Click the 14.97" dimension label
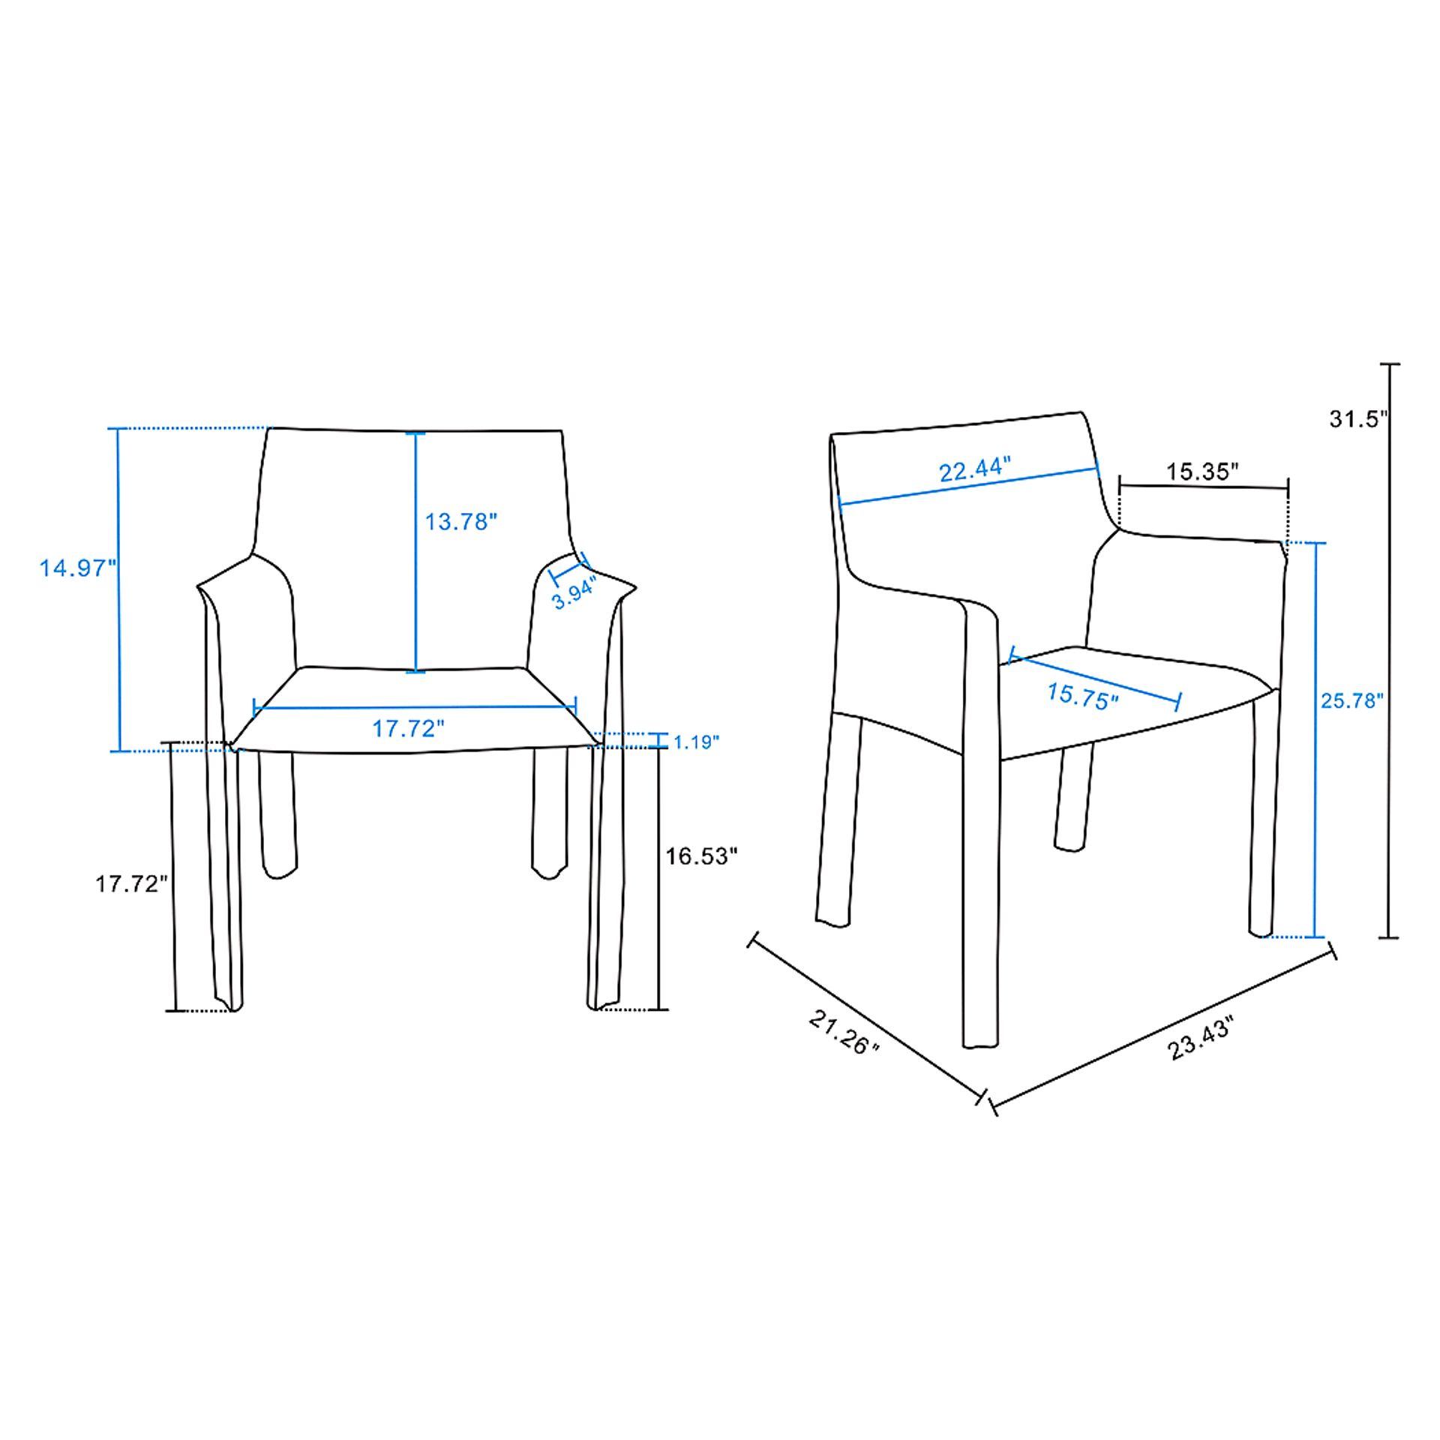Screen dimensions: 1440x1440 click(x=78, y=568)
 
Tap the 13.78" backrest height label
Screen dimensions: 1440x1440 click(x=461, y=521)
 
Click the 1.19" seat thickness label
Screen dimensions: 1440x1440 click(x=696, y=742)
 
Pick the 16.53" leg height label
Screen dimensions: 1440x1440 click(x=702, y=856)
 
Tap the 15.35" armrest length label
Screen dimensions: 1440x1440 click(x=1201, y=472)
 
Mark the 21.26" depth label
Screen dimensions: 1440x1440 click(x=844, y=1032)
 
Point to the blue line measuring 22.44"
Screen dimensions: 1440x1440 click(x=968, y=487)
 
